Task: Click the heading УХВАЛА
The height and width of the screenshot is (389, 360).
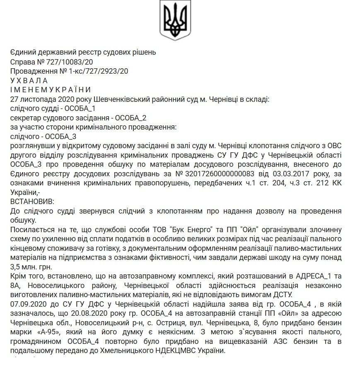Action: (x=29, y=80)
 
